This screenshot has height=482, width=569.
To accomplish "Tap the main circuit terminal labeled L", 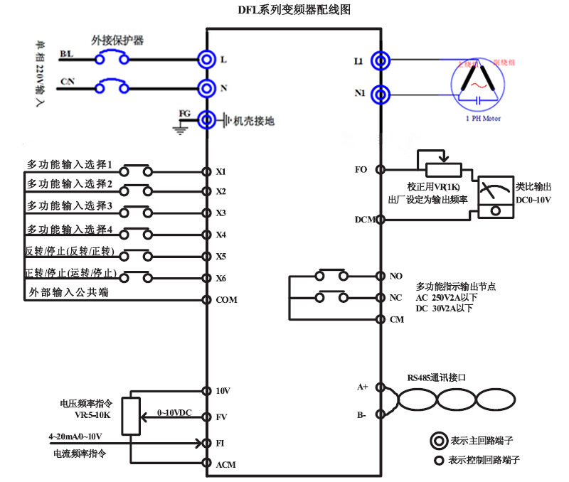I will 206,60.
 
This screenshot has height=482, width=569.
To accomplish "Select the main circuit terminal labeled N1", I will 382,93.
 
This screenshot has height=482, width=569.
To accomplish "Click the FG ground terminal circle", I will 206,119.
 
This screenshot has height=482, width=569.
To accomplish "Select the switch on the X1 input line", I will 136,171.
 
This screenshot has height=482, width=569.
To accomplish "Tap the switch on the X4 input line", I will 136,235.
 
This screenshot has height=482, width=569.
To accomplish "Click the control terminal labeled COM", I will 206,299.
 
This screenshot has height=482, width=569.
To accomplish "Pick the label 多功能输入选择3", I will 70,206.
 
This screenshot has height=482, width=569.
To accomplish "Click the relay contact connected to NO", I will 334,275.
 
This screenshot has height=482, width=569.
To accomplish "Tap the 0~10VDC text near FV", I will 174,412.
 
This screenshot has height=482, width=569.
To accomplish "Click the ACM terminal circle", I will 206,464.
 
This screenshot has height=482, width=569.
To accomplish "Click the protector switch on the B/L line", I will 113,59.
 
